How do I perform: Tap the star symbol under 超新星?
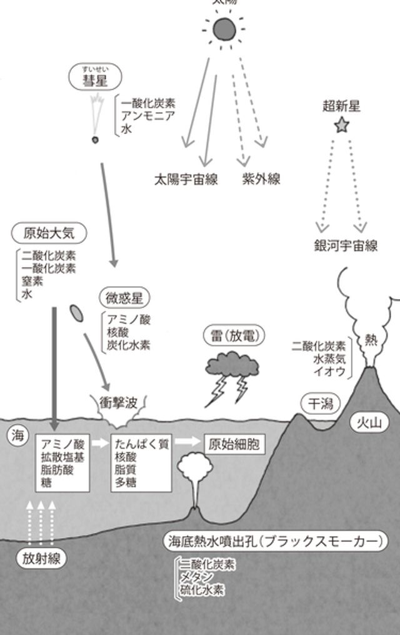(341, 126)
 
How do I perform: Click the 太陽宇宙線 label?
(186, 180)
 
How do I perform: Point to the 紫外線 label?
(261, 180)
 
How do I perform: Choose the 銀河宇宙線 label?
(346, 246)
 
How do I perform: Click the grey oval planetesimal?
(77, 312)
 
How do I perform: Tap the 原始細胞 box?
(232, 445)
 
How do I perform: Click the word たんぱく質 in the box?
(142, 445)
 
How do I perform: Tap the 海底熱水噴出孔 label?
(274, 541)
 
